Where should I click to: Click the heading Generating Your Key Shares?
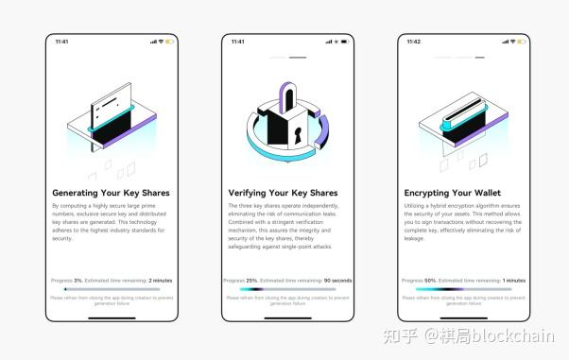point(111,193)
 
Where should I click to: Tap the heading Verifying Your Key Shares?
point(284,193)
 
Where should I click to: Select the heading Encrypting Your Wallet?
point(453,193)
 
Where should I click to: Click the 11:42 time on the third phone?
point(414,42)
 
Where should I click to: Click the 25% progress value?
point(251,281)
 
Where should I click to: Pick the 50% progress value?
point(430,281)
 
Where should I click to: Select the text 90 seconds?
point(336,281)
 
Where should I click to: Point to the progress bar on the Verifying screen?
point(287,289)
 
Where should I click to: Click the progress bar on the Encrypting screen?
point(463,289)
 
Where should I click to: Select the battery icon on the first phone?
point(170,42)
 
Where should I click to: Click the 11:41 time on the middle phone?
point(238,42)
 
